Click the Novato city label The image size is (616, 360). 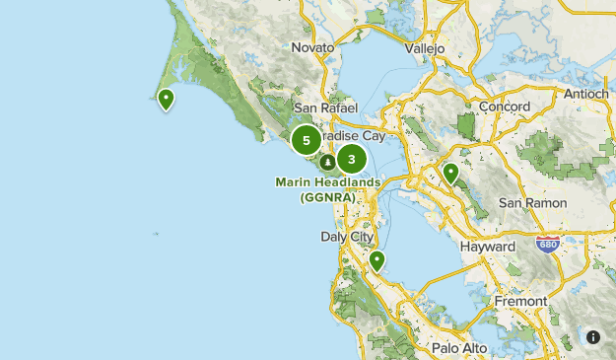313,46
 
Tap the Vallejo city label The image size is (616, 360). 425,47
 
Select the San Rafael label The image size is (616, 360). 318,108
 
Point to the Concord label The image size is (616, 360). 504,107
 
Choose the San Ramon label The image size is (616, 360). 532,202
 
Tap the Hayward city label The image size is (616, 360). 487,247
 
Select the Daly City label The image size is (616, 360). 347,237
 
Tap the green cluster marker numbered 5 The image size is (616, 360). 306,140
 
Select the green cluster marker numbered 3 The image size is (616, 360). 352,159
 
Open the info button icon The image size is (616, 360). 593,337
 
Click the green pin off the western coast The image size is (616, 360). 167,98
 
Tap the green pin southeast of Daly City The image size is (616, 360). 376,260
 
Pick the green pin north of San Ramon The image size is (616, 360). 450,173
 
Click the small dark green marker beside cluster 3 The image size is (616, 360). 326,162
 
